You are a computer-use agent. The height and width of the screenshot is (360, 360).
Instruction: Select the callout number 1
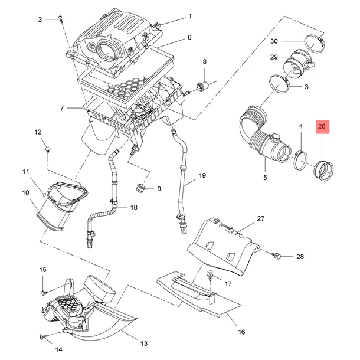point(190,16)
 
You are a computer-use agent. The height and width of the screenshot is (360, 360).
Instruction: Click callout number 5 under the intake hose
point(265,177)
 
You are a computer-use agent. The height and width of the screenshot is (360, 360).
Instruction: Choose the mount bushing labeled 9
point(141,189)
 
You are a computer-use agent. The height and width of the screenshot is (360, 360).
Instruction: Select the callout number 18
point(133,207)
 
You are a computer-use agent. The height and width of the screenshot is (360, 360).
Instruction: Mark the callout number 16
point(241,332)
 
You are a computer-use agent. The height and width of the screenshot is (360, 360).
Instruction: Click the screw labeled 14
point(42,338)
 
